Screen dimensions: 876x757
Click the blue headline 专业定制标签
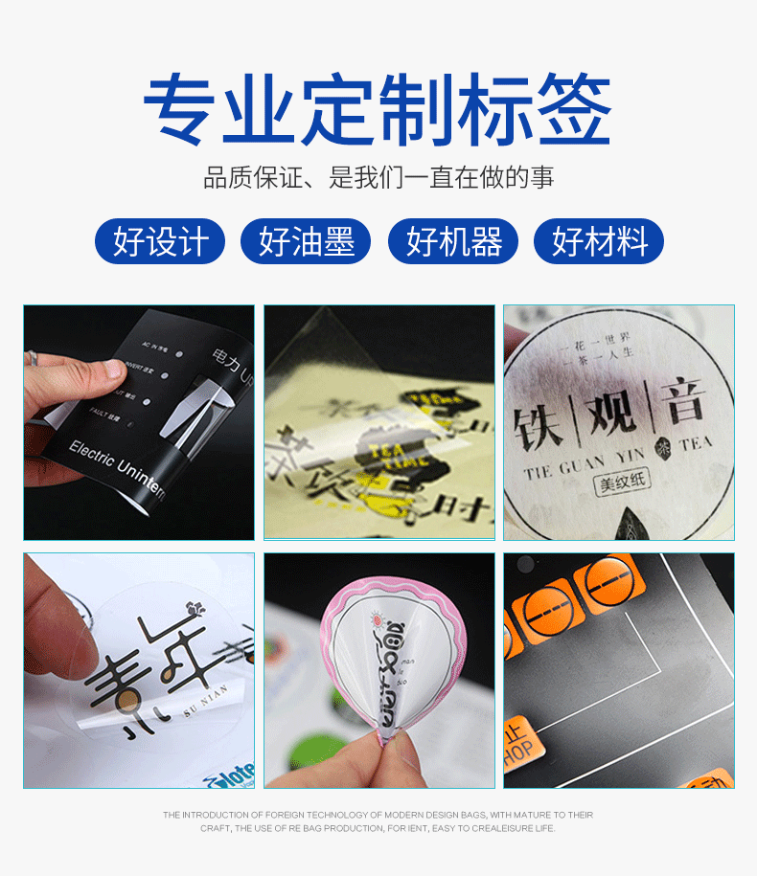[378, 108]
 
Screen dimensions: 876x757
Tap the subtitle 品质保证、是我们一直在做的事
[378, 178]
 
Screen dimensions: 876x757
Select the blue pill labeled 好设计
[159, 241]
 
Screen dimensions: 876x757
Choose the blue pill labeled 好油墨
[306, 241]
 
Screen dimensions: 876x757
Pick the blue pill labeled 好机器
[452, 241]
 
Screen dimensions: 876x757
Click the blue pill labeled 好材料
[599, 241]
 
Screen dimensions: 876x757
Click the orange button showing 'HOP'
[518, 747]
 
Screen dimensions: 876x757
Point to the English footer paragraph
[378, 821]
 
